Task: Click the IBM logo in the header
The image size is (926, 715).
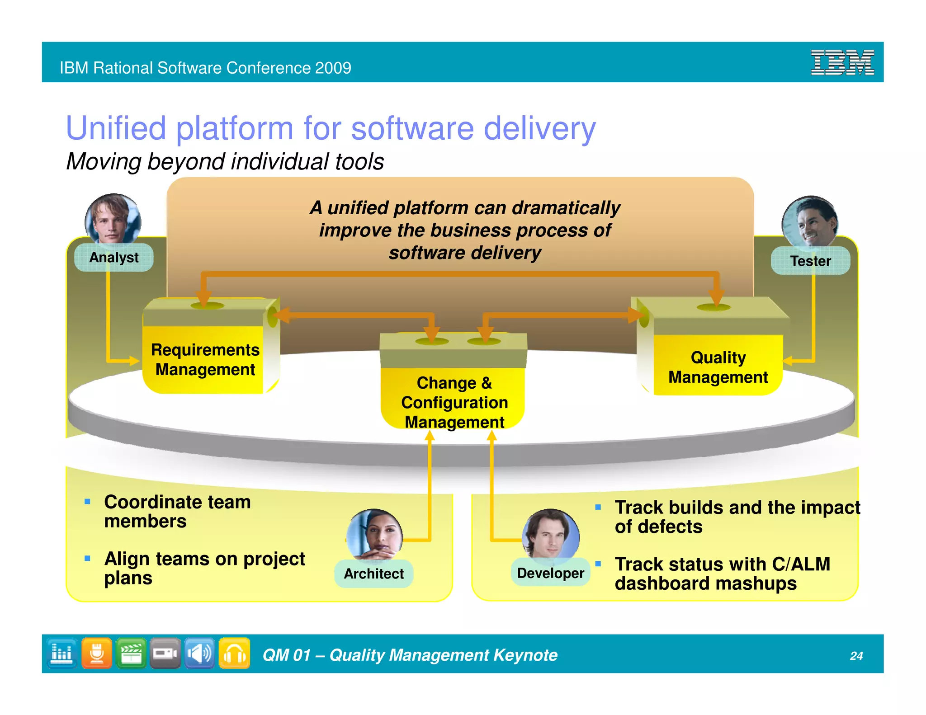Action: (842, 63)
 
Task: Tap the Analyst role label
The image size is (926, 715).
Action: (114, 258)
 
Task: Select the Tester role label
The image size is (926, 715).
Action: (810, 261)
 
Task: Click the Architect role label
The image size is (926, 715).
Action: (374, 574)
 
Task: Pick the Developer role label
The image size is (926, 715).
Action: (550, 573)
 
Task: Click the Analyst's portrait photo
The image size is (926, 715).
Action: (113, 219)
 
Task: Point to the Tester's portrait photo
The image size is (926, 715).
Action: (810, 221)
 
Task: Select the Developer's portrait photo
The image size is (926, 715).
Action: (550, 534)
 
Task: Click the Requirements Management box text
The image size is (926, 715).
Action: (205, 360)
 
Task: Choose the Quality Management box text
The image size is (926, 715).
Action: (718, 367)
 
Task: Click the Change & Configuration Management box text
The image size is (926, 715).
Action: (454, 402)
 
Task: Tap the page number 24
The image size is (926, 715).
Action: (856, 656)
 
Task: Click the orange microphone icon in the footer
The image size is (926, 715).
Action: (97, 654)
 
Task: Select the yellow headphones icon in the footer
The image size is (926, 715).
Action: (234, 654)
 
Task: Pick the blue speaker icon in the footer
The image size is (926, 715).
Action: (199, 654)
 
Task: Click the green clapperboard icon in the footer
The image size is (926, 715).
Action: (131, 654)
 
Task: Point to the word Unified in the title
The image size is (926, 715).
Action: (116, 128)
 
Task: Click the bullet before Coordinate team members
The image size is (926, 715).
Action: (87, 502)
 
